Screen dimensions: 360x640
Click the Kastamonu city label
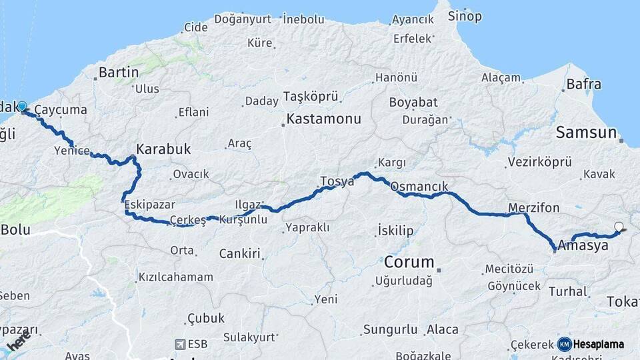tap(324, 120)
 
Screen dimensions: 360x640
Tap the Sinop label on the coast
tap(465, 16)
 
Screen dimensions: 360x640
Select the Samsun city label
tap(587, 133)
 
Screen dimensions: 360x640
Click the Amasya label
tap(583, 245)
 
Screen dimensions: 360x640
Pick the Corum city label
tap(409, 261)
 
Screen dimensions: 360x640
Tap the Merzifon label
tap(533, 208)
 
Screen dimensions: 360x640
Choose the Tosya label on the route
tap(337, 181)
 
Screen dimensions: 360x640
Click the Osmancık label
tap(419, 187)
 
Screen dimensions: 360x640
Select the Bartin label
tap(119, 72)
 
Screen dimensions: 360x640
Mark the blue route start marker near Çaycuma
tap(22, 107)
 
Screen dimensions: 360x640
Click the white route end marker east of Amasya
tap(619, 227)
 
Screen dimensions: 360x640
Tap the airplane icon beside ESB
tap(179, 344)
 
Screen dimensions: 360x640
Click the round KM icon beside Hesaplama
tap(565, 344)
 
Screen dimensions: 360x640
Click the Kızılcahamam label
tap(176, 277)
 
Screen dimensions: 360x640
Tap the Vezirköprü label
tap(540, 162)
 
